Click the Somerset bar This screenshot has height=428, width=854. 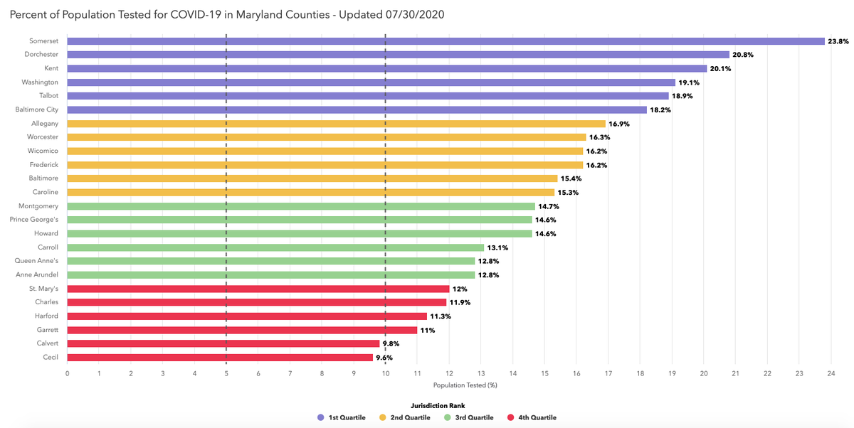pos(446,41)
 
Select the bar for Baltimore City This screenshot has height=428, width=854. pos(357,109)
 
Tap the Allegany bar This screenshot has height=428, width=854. pos(336,124)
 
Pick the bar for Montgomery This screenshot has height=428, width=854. pos(301,206)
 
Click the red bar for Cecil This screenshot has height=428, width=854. pos(220,358)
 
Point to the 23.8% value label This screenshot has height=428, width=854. pos(837,41)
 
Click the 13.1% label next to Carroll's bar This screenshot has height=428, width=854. pos(496,247)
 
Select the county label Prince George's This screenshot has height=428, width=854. pos(38,220)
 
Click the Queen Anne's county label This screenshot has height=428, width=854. pos(41,261)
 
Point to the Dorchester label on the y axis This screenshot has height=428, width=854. pos(42,55)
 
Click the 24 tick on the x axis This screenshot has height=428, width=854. pos(831,373)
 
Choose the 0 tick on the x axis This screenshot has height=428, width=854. pos(67,373)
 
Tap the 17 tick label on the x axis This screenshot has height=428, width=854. pos(608,373)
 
